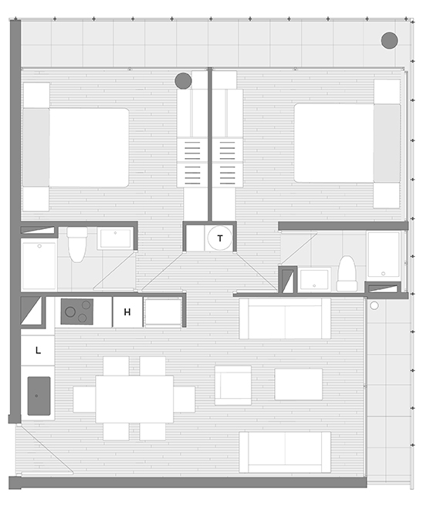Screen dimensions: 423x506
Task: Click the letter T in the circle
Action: click(220, 238)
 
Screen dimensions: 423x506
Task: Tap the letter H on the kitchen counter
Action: click(127, 312)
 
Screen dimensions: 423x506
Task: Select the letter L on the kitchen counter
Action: click(38, 350)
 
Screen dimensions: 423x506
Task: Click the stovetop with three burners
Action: click(77, 312)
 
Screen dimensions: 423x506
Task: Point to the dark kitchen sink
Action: click(39, 396)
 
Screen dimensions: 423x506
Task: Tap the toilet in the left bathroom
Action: click(77, 245)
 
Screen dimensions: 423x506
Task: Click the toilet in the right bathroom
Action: click(347, 274)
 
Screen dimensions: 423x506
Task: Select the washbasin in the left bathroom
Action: click(115, 238)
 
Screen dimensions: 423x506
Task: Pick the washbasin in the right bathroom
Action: click(314, 280)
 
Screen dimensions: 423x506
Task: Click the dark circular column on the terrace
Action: click(389, 40)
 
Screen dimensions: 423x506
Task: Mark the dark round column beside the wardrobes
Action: click(183, 81)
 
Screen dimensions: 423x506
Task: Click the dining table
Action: click(134, 399)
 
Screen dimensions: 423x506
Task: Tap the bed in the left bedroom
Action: click(76, 147)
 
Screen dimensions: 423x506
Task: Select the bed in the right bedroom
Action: click(347, 143)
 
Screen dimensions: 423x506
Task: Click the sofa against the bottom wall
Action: click(285, 452)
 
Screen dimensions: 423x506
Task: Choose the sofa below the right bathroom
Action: click(285, 319)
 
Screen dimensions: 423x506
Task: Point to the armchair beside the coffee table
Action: click(233, 386)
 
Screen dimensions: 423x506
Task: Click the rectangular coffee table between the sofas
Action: click(299, 384)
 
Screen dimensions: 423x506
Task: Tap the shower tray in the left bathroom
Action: click(39, 265)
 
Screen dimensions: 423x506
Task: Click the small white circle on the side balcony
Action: click(374, 305)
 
